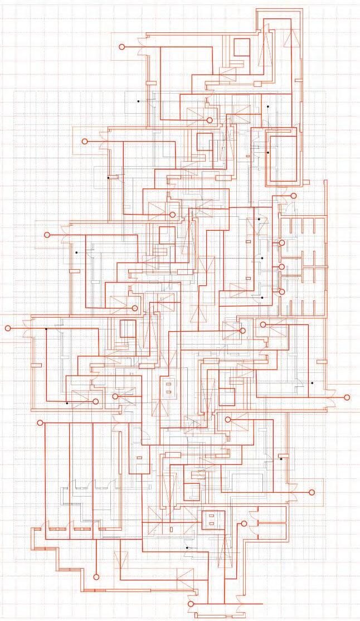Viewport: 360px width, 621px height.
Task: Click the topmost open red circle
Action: click(x=122, y=47)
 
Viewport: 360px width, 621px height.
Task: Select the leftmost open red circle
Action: click(x=8, y=328)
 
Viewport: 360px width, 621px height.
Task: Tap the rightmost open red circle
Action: click(x=347, y=397)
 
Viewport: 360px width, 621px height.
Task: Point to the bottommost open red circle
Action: click(x=191, y=604)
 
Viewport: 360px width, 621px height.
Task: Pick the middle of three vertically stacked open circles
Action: click(x=282, y=267)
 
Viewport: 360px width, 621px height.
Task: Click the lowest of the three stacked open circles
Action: click(x=282, y=292)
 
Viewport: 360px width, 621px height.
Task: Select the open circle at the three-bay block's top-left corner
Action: click(x=40, y=423)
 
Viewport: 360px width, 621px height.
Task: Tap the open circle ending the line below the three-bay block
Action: click(x=96, y=577)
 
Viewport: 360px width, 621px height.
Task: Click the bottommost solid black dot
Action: click(x=187, y=548)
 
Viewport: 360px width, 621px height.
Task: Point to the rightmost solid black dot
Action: click(x=312, y=384)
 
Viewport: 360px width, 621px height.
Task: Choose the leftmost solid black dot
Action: click(x=46, y=329)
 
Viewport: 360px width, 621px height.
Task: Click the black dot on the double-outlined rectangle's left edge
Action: click(x=268, y=152)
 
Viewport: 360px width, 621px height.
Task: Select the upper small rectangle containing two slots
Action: click(x=168, y=387)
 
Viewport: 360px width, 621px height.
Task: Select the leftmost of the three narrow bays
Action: click(x=56, y=474)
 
